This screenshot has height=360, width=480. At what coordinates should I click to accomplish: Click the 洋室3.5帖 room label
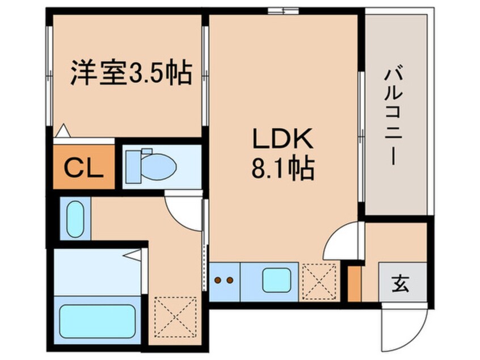[130, 74]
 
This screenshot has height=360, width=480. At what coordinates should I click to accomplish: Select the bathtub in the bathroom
[100, 321]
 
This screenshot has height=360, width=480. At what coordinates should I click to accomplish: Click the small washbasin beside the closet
[75, 219]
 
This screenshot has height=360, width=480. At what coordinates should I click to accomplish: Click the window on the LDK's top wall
[283, 10]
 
